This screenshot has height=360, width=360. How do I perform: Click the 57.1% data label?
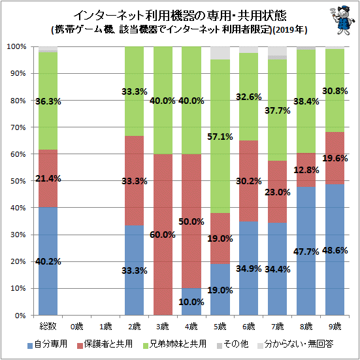220,137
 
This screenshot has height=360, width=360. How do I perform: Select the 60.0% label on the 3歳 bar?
163,235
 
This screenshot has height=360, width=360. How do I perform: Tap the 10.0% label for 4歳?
191,302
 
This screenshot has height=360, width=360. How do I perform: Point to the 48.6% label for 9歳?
335,250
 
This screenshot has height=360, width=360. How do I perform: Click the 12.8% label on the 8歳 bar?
306,170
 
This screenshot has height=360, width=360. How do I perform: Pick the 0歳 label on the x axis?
76,326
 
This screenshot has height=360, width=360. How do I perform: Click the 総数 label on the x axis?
48,326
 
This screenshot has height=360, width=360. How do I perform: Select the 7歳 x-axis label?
278,326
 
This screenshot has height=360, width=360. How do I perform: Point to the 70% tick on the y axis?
18,127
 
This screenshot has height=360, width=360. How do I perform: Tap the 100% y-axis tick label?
16,47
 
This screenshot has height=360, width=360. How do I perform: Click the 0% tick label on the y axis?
20,315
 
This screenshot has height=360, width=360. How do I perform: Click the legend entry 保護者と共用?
105,344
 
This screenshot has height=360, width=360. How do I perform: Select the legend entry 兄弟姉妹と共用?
174,344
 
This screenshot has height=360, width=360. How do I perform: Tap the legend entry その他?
233,344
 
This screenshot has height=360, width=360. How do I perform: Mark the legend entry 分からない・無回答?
295,344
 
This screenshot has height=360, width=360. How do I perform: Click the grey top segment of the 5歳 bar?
220,53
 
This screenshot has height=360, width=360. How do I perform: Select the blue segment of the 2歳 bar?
134,270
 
